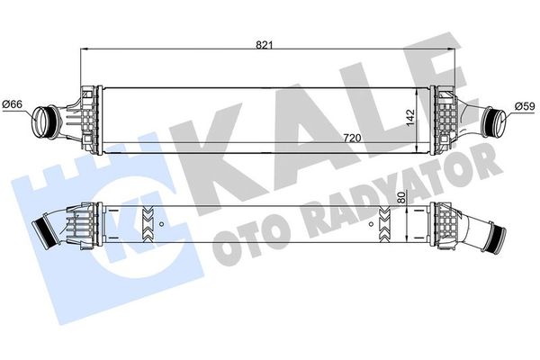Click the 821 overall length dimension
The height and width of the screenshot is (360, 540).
(x=264, y=43)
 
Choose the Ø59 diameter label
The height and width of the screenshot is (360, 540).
(x=525, y=106)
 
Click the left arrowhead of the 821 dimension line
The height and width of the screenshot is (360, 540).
(x=86, y=50)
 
